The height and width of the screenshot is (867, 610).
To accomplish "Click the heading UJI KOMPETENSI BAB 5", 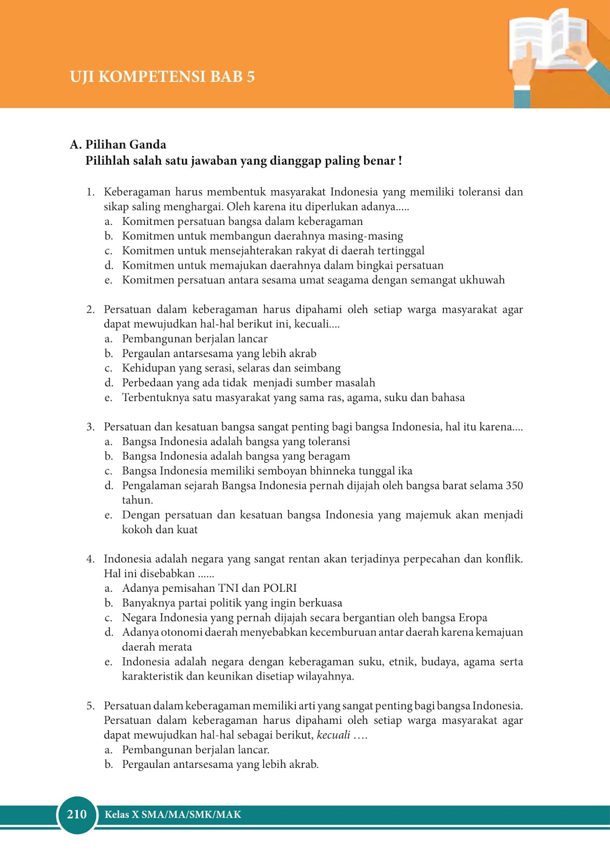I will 162,76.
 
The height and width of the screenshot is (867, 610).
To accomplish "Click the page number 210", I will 76,814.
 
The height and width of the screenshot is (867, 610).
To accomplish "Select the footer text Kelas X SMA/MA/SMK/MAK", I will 173,814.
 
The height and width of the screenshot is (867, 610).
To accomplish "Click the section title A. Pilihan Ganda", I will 118,145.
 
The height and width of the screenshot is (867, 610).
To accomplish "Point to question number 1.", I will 90,192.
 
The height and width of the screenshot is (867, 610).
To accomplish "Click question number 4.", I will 90,559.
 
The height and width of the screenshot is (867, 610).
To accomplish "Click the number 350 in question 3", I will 514,486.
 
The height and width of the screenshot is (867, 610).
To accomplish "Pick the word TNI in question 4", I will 228,588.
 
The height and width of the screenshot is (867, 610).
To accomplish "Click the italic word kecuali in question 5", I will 333,735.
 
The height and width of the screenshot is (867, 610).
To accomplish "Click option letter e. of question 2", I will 108,398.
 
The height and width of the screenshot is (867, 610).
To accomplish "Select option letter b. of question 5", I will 108,765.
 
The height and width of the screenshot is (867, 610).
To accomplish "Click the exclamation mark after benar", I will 400,161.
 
